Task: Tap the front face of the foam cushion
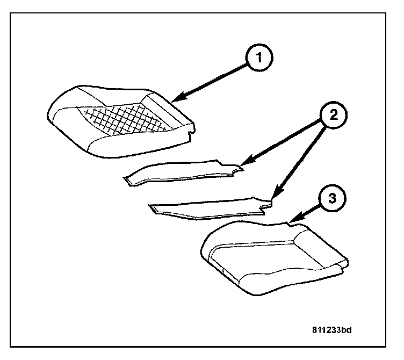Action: (269, 282)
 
